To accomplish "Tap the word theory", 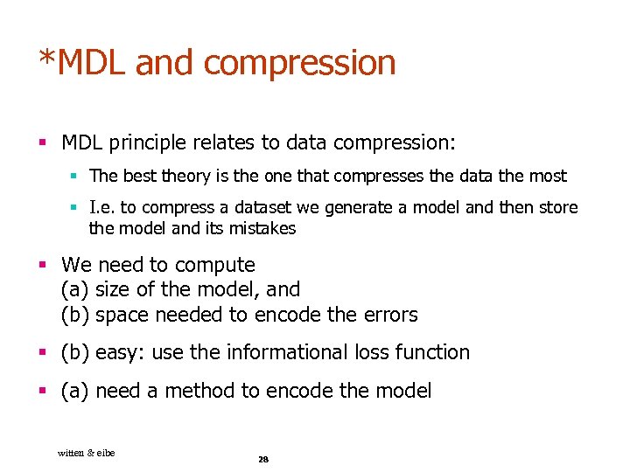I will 178,177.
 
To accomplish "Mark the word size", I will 111,289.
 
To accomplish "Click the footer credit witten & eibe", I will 86,452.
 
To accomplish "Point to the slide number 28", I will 262,459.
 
